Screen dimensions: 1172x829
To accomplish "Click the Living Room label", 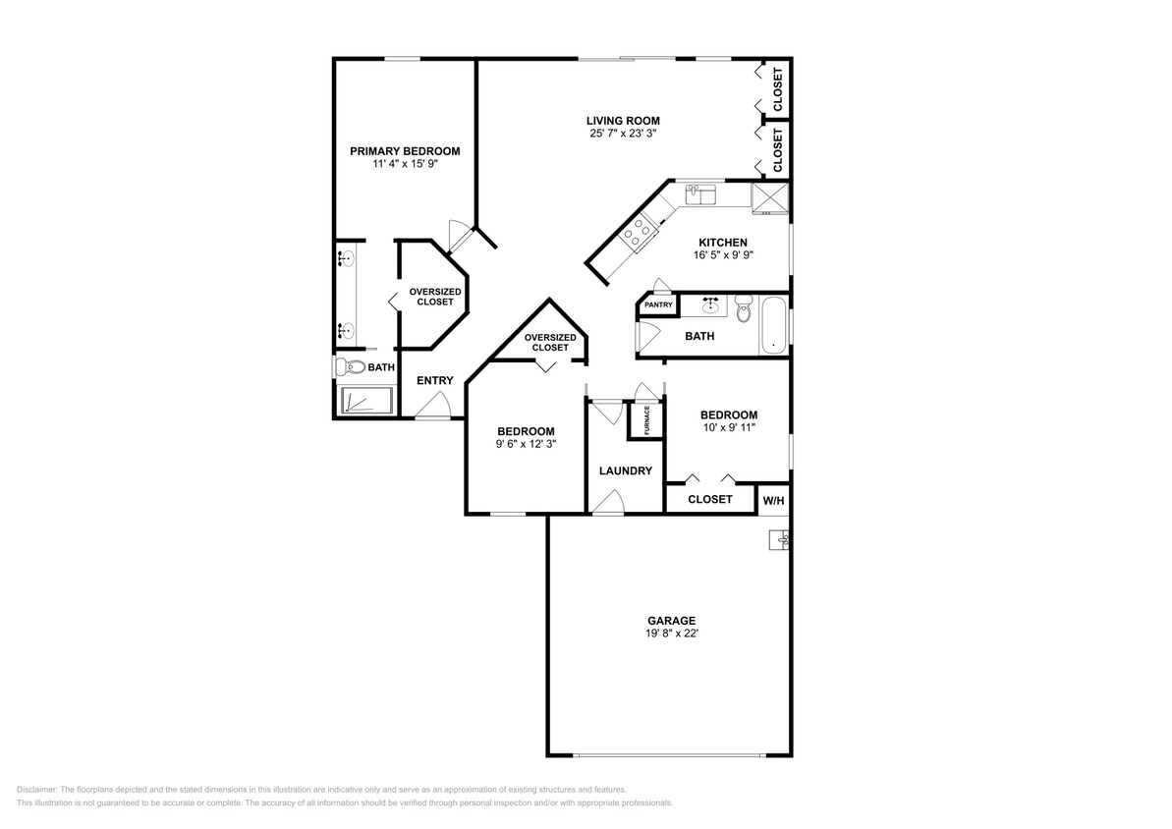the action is pos(623,121).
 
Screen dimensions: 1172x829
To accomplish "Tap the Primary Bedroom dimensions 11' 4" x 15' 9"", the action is pos(405,163).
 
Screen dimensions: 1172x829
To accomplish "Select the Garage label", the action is pos(671,621).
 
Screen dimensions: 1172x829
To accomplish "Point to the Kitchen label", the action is pos(723,243).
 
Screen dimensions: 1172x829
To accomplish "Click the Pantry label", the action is pos(658,305).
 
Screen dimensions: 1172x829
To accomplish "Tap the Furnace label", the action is pos(647,420).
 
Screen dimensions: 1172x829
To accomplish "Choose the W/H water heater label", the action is pos(773,501).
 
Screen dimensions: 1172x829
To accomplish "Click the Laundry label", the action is pos(626,470).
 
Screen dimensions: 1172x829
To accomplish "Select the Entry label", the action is pos(435,380).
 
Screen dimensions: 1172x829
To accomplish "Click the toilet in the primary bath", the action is pos(349,367).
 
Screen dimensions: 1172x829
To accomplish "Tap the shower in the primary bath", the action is pos(367,401).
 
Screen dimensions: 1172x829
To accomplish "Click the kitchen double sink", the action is pos(701,195).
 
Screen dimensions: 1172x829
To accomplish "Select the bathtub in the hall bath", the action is pos(773,326).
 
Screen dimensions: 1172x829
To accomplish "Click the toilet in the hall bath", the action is pos(743,308).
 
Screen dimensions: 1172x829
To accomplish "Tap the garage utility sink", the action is pos(780,539).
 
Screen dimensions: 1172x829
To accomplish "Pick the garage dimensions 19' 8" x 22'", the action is pos(672,634).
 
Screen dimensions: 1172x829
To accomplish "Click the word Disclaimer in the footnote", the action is pos(36,790).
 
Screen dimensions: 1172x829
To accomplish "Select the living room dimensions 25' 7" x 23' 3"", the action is pos(624,134).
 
